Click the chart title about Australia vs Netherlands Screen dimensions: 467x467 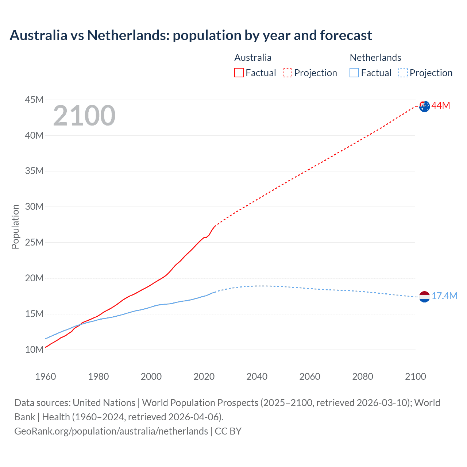[x=190, y=35]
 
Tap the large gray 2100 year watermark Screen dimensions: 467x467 [x=84, y=116]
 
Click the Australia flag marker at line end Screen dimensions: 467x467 [x=424, y=107]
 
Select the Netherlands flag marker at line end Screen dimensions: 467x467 [x=424, y=297]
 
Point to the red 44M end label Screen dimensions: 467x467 [x=441, y=106]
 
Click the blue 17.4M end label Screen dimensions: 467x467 [x=444, y=296]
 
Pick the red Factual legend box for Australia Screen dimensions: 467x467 [x=239, y=73]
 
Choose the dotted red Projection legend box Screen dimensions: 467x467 [x=287, y=73]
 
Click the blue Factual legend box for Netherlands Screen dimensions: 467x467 [x=354, y=73]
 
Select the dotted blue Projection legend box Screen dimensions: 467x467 [x=403, y=73]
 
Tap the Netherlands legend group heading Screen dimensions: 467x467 [x=375, y=58]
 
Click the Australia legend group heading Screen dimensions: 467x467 [x=253, y=58]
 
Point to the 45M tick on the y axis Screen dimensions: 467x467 [x=34, y=100]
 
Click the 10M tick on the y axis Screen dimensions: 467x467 [x=34, y=350]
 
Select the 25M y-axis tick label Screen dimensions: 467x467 [x=34, y=243]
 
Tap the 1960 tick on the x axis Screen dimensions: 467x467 [x=46, y=377]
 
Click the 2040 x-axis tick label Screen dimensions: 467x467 [x=257, y=377]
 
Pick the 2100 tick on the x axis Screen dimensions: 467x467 [x=415, y=377]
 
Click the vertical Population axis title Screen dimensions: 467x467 [x=15, y=227]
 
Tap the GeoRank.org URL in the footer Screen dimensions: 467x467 [x=111, y=431]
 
